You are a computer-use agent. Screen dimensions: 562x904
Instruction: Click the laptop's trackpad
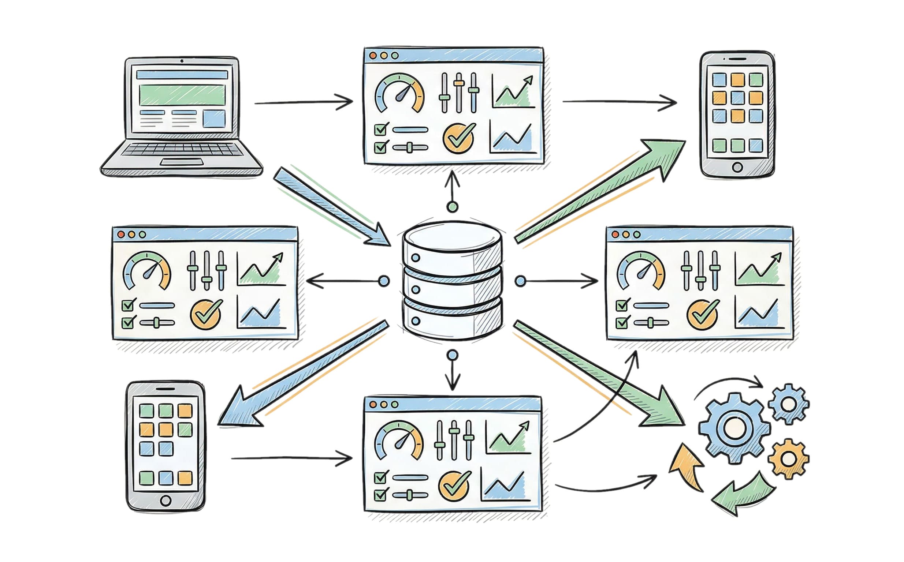pos(182,162)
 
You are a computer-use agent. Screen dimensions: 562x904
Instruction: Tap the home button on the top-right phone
pos(737,167)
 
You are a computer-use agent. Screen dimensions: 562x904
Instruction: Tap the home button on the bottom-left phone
pos(166,500)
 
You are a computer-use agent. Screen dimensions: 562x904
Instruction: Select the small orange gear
pos(788,458)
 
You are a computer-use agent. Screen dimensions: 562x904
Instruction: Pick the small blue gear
pos(788,404)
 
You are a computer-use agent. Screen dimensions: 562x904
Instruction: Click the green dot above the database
pos(452,206)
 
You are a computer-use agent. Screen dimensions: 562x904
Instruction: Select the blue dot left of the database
pos(384,281)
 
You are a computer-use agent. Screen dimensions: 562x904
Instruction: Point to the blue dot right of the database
pos(521,281)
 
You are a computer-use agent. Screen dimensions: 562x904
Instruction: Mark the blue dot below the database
pos(452,355)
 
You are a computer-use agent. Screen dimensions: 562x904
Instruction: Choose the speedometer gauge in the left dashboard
pos(146,271)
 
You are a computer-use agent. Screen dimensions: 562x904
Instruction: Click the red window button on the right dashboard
pos(615,235)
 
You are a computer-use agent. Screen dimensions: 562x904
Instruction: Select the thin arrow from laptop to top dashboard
pos(303,102)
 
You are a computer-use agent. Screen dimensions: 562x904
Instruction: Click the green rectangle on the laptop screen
pos(182,94)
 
